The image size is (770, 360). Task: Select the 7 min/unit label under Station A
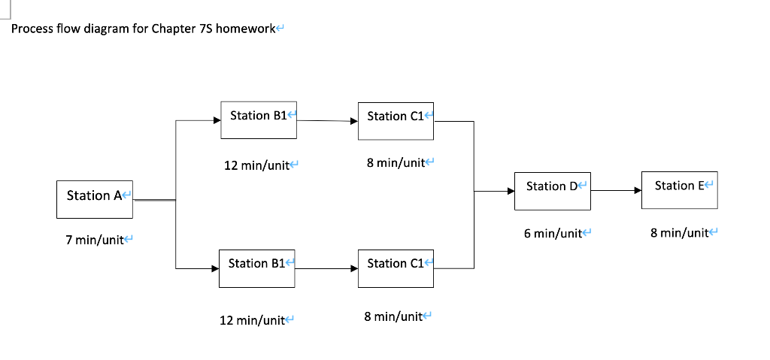pos(95,240)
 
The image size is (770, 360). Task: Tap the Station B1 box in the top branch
pos(259,120)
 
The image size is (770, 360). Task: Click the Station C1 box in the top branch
pos(396,120)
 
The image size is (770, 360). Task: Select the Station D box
pos(552,191)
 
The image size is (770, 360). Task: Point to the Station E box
pos(680,190)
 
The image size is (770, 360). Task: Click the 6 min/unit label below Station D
pos(553,234)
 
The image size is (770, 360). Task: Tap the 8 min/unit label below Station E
pos(679,233)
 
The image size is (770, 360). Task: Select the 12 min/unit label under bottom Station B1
pos(252,321)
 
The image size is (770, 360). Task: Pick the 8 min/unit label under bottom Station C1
pos(393,317)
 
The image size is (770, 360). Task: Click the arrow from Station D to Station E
pos(616,191)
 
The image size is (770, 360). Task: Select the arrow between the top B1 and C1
pos(327,120)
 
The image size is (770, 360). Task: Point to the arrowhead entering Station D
pos(510,191)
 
